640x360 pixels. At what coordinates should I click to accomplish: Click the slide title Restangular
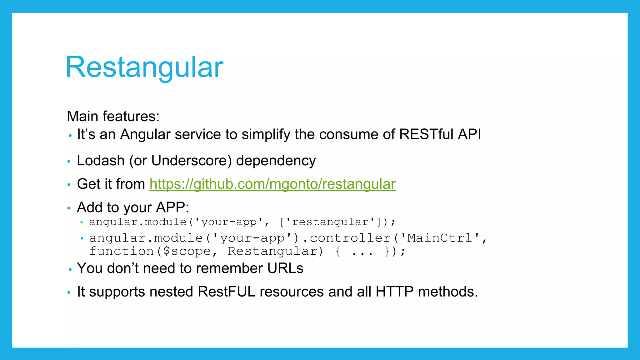click(x=144, y=67)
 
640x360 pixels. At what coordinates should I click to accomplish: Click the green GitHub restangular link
click(x=272, y=184)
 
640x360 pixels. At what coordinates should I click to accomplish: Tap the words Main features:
click(x=113, y=116)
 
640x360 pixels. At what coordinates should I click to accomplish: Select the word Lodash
click(x=101, y=161)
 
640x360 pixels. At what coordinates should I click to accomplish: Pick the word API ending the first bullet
click(x=469, y=134)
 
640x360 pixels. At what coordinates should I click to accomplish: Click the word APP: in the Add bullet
click(x=172, y=207)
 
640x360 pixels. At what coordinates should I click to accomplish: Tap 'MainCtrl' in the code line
click(x=440, y=238)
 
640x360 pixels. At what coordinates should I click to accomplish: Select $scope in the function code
click(x=187, y=251)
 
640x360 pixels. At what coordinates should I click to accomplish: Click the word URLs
click(x=285, y=268)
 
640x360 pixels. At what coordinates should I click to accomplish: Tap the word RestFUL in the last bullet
click(x=226, y=292)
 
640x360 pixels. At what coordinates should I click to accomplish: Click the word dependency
click(x=276, y=161)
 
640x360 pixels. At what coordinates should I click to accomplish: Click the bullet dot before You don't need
click(x=70, y=269)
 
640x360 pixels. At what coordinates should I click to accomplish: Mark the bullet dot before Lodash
click(x=69, y=162)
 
